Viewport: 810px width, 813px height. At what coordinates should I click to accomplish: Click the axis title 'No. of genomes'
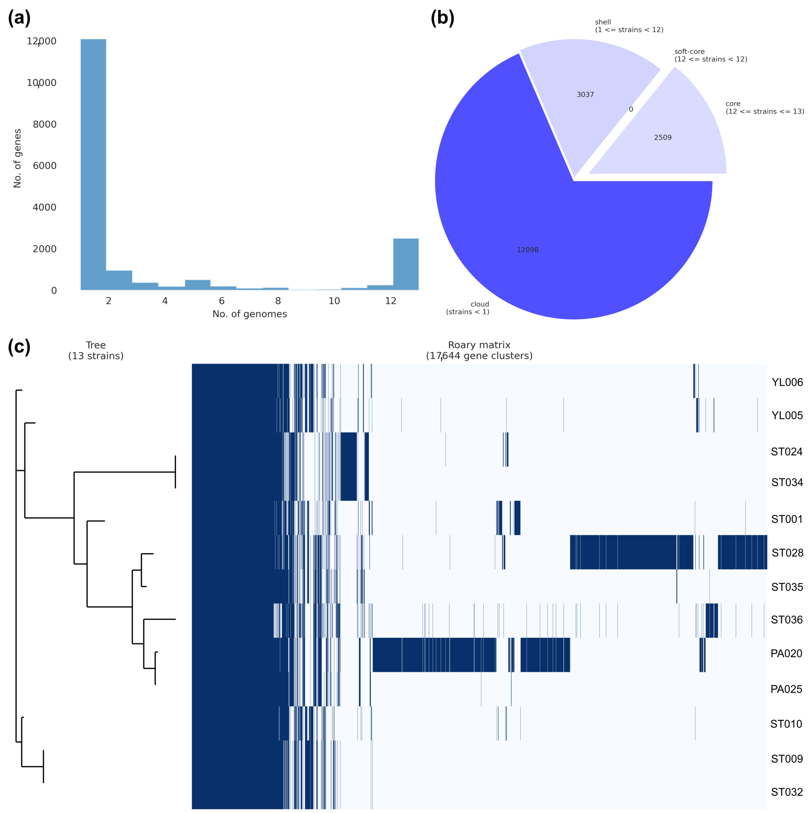(x=250, y=314)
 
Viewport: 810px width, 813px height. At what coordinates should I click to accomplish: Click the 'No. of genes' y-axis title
(x=17, y=158)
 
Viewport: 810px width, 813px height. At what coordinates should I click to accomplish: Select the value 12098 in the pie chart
(x=527, y=250)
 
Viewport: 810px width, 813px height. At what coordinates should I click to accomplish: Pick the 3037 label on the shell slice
(x=585, y=95)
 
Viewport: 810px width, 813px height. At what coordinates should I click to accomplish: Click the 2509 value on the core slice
(x=663, y=138)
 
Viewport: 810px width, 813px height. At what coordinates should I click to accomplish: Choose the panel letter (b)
(x=442, y=18)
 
